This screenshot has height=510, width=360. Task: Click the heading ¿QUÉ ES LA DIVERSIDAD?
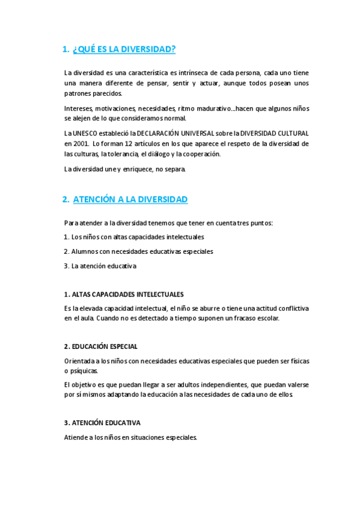point(124,49)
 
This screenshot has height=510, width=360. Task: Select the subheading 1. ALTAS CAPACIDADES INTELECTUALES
point(123,295)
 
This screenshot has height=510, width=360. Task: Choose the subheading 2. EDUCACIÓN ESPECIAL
point(100,346)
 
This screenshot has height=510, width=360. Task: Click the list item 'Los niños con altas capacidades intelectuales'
point(138,237)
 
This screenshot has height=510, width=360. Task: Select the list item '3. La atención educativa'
point(100,266)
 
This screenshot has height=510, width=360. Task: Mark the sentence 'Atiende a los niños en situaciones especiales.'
point(130,437)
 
